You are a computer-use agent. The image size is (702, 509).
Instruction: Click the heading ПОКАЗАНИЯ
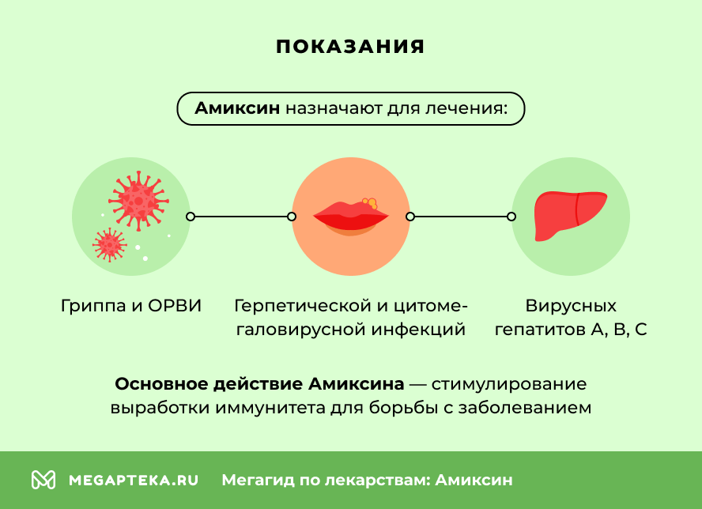click(350, 47)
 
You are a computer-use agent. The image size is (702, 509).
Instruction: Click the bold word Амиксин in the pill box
click(237, 108)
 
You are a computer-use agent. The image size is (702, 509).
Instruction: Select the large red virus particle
click(138, 199)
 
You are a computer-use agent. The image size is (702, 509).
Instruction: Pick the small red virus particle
click(109, 244)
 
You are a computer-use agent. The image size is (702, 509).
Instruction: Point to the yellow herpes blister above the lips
click(369, 203)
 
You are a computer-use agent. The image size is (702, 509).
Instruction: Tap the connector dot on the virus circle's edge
click(190, 216)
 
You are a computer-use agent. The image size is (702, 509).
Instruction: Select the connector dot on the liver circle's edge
click(511, 216)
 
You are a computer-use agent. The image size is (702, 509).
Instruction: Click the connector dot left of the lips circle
click(292, 216)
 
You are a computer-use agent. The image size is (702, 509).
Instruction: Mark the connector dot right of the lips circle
click(409, 216)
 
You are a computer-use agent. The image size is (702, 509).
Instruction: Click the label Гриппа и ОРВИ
click(131, 306)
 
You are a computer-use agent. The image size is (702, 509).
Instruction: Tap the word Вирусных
click(570, 306)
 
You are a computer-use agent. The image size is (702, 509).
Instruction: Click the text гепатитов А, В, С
click(570, 330)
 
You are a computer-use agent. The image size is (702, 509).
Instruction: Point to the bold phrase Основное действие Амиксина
click(259, 384)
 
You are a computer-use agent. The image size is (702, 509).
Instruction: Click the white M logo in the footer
click(43, 480)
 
